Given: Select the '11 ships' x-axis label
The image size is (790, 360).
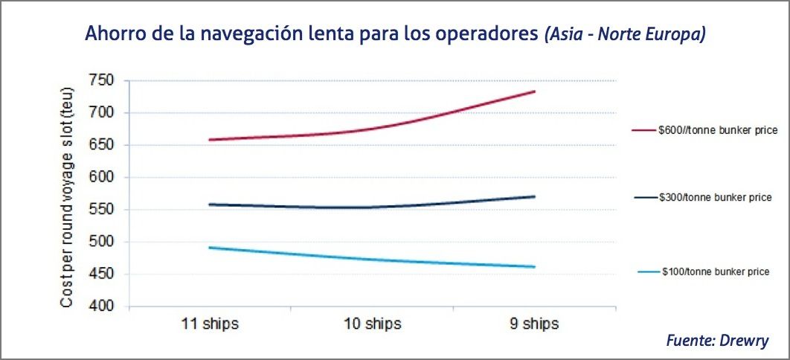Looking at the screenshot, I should click(x=211, y=324).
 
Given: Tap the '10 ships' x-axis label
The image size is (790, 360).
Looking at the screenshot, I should click(x=373, y=324).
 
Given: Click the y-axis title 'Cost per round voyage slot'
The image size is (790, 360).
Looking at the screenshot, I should click(x=66, y=193).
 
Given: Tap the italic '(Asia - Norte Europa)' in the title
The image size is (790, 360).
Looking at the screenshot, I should click(x=624, y=34).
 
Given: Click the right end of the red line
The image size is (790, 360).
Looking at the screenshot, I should click(x=535, y=91).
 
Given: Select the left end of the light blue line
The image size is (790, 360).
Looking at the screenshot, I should click(x=209, y=248).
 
